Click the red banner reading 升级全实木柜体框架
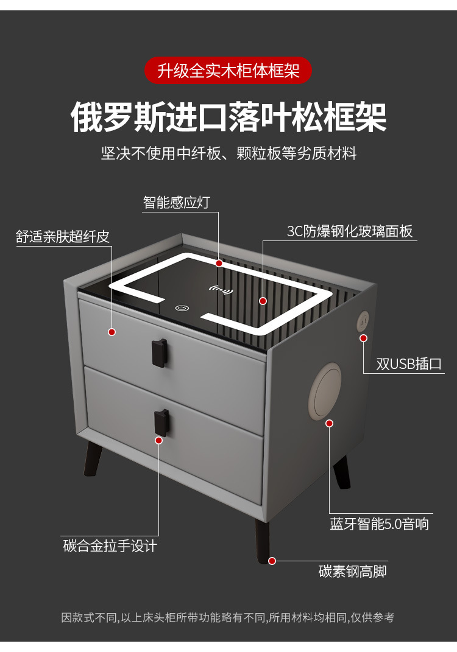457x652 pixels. click(x=228, y=71)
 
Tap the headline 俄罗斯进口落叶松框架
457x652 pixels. click(x=228, y=117)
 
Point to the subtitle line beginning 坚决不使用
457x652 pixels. click(x=228, y=153)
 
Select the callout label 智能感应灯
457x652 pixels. click(x=176, y=202)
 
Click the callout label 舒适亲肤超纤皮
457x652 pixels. click(x=63, y=237)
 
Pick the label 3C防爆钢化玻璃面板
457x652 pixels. click(x=350, y=231)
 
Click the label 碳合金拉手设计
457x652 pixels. click(x=110, y=545)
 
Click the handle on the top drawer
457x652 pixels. click(x=159, y=352)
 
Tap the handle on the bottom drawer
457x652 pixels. click(x=161, y=422)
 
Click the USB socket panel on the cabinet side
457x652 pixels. click(x=363, y=320)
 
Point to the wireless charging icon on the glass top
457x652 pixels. click(x=221, y=290)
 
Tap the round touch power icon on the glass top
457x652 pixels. click(x=181, y=308)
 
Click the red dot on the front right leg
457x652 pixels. click(x=272, y=560)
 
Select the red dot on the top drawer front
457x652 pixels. click(x=112, y=332)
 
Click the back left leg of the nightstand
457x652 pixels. click(x=93, y=458)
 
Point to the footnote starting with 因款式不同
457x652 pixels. click(x=228, y=617)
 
